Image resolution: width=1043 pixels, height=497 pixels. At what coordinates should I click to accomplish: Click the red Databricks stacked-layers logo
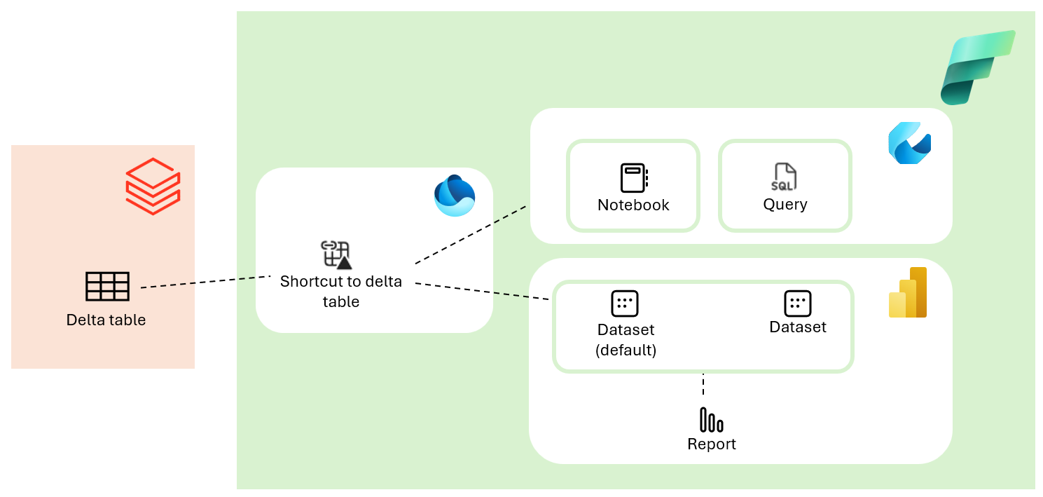coord(153,186)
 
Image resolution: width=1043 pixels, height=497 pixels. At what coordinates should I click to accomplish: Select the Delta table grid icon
coord(107,287)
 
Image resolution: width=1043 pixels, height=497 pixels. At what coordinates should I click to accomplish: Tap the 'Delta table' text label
coord(106,320)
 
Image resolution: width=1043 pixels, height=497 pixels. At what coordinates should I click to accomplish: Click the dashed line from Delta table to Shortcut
coord(205,282)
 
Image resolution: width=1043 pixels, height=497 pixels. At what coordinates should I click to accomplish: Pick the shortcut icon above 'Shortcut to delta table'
coord(336,255)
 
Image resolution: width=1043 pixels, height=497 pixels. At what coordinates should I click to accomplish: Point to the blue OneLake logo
coord(454,196)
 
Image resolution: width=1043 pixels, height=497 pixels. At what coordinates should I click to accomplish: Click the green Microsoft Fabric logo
coord(976,67)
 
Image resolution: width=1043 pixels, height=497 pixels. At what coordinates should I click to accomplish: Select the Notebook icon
coord(633,178)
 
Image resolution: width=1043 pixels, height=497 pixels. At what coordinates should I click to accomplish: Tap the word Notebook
coord(633,205)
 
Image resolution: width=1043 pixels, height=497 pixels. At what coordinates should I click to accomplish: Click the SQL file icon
coord(785,177)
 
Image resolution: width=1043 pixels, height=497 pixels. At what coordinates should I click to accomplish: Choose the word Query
coord(785,205)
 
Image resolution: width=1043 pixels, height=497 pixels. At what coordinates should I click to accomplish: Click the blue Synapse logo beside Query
coord(909,143)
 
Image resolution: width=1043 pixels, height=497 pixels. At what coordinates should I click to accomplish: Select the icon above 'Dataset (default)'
coord(625,304)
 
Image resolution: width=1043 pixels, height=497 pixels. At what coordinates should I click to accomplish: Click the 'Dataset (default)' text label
coord(626,340)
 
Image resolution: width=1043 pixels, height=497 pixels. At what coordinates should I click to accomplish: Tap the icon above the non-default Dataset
coord(797,303)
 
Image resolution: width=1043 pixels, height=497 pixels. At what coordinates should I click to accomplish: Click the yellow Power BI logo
coord(908,293)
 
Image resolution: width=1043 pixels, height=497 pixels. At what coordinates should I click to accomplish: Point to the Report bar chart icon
coord(711,420)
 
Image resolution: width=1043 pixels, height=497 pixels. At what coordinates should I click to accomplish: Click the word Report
coord(711,444)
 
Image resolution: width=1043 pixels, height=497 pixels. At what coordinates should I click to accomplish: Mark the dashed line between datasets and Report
coord(703,385)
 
